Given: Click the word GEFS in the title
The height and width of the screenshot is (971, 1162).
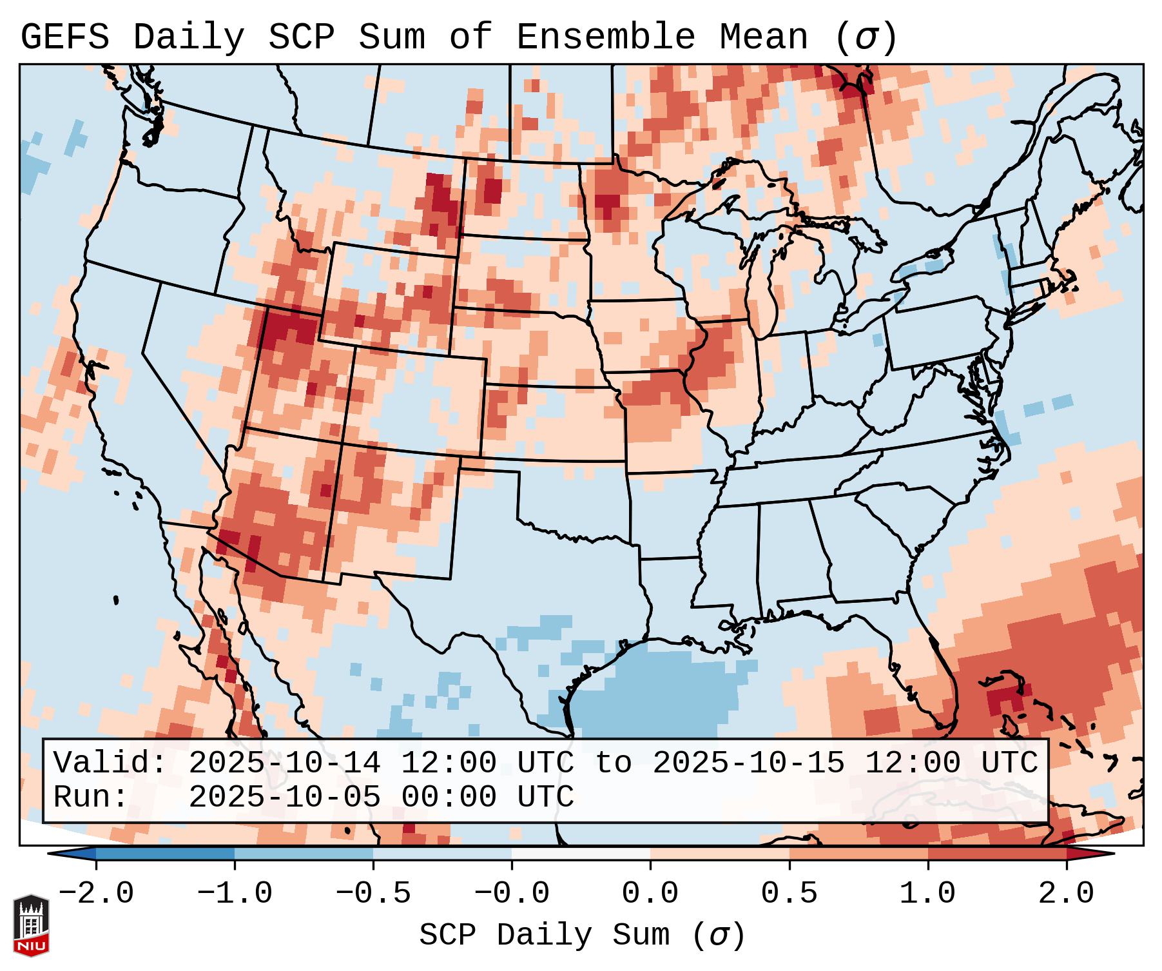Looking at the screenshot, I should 64,37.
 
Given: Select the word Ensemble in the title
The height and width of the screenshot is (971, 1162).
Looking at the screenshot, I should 605,37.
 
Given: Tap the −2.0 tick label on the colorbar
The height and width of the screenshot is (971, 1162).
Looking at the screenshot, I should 96,894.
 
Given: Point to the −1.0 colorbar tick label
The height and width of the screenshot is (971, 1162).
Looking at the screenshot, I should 235,894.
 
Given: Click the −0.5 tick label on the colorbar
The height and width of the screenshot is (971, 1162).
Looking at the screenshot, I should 373,894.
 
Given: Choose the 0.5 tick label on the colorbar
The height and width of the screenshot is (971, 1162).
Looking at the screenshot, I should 789,894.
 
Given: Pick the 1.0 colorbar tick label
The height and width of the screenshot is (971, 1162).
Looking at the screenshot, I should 927,894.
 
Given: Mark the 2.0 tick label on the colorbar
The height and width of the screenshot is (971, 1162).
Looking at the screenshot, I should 1066,894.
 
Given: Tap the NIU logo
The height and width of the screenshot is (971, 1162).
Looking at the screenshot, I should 31,925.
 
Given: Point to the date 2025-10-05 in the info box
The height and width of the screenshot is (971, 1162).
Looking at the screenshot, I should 284,798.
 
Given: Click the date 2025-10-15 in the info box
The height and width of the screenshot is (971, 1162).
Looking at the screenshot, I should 748,763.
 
